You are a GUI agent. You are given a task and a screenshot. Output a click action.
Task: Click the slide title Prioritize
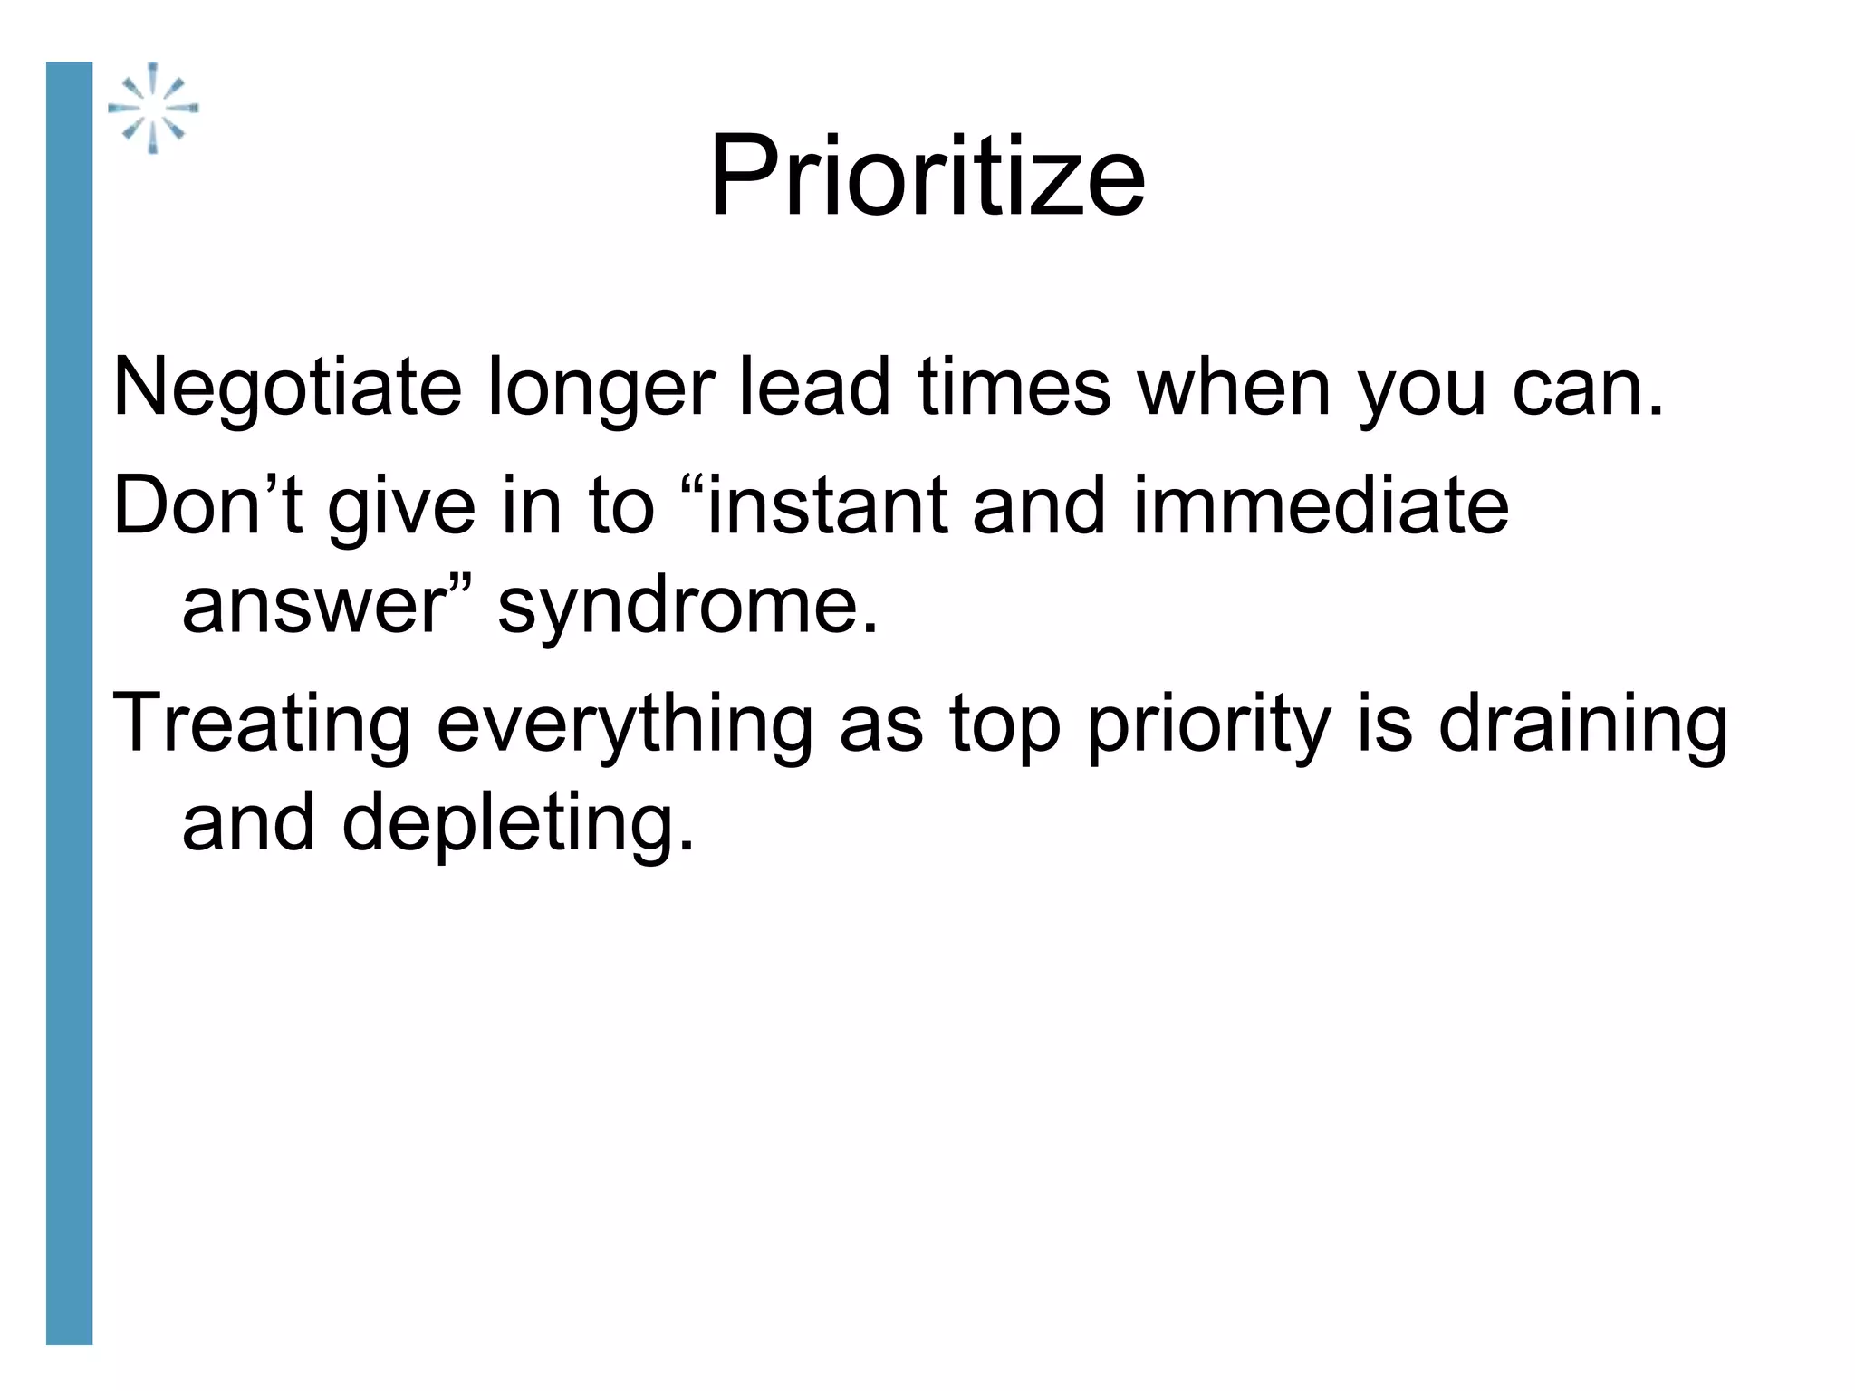pyautogui.click(x=927, y=176)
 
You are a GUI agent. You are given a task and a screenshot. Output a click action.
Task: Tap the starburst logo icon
pyautogui.click(x=153, y=108)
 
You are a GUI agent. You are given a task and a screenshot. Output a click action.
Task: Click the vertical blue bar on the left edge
pyautogui.click(x=70, y=702)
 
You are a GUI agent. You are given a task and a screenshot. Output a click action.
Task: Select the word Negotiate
pyautogui.click(x=287, y=388)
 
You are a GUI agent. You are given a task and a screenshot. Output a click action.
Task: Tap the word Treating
pyautogui.click(x=261, y=724)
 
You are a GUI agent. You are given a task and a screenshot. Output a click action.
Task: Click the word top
pyautogui.click(x=1004, y=725)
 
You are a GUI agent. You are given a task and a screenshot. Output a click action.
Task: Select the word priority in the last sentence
pyautogui.click(x=1209, y=724)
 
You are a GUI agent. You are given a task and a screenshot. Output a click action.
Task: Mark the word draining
pyautogui.click(x=1583, y=724)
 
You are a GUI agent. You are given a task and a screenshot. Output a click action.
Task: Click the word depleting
pyautogui.click(x=518, y=823)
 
